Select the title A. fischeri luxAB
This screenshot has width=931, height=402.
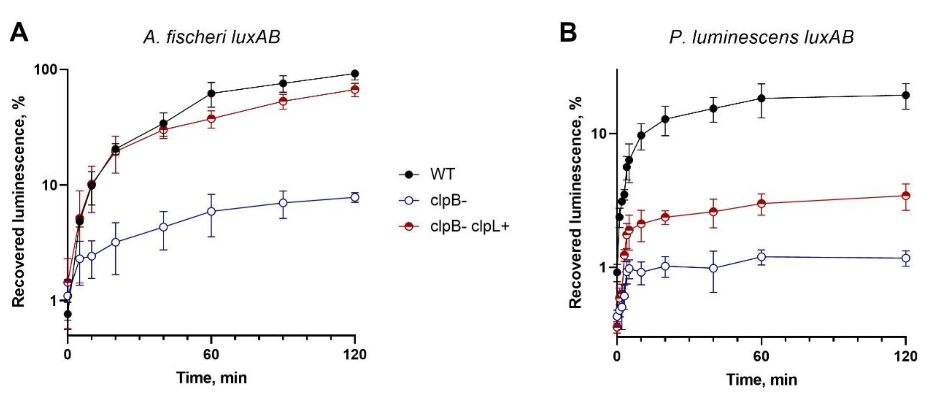click(212, 37)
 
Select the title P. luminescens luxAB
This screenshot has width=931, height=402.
click(761, 37)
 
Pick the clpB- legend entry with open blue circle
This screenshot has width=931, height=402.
click(448, 201)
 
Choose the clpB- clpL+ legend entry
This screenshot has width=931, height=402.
click(469, 226)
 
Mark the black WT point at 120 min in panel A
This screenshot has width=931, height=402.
click(355, 74)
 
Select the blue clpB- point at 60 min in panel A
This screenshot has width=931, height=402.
click(211, 211)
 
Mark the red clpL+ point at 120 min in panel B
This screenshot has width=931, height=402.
click(905, 196)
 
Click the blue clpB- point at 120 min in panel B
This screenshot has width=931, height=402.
click(905, 258)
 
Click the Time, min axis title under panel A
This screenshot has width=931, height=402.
click(211, 378)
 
